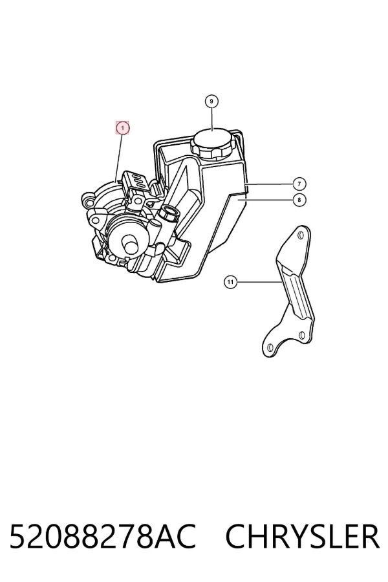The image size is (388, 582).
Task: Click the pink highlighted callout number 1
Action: (122, 128)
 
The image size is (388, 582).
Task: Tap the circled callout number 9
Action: (211, 102)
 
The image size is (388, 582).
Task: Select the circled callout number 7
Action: (299, 184)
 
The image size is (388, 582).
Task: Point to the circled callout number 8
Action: (299, 200)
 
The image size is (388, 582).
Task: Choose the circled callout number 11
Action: (231, 282)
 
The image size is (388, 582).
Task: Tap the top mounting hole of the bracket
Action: (301, 235)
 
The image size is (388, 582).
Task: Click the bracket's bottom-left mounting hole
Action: (271, 347)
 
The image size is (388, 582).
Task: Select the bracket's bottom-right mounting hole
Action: (302, 335)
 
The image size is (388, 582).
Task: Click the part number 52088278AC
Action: (102, 536)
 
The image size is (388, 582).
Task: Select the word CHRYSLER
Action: (302, 536)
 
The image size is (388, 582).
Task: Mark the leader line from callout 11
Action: (259, 282)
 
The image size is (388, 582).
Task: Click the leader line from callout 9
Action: (211, 119)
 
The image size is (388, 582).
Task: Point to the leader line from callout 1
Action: (119, 158)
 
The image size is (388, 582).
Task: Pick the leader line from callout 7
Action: (270, 184)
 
